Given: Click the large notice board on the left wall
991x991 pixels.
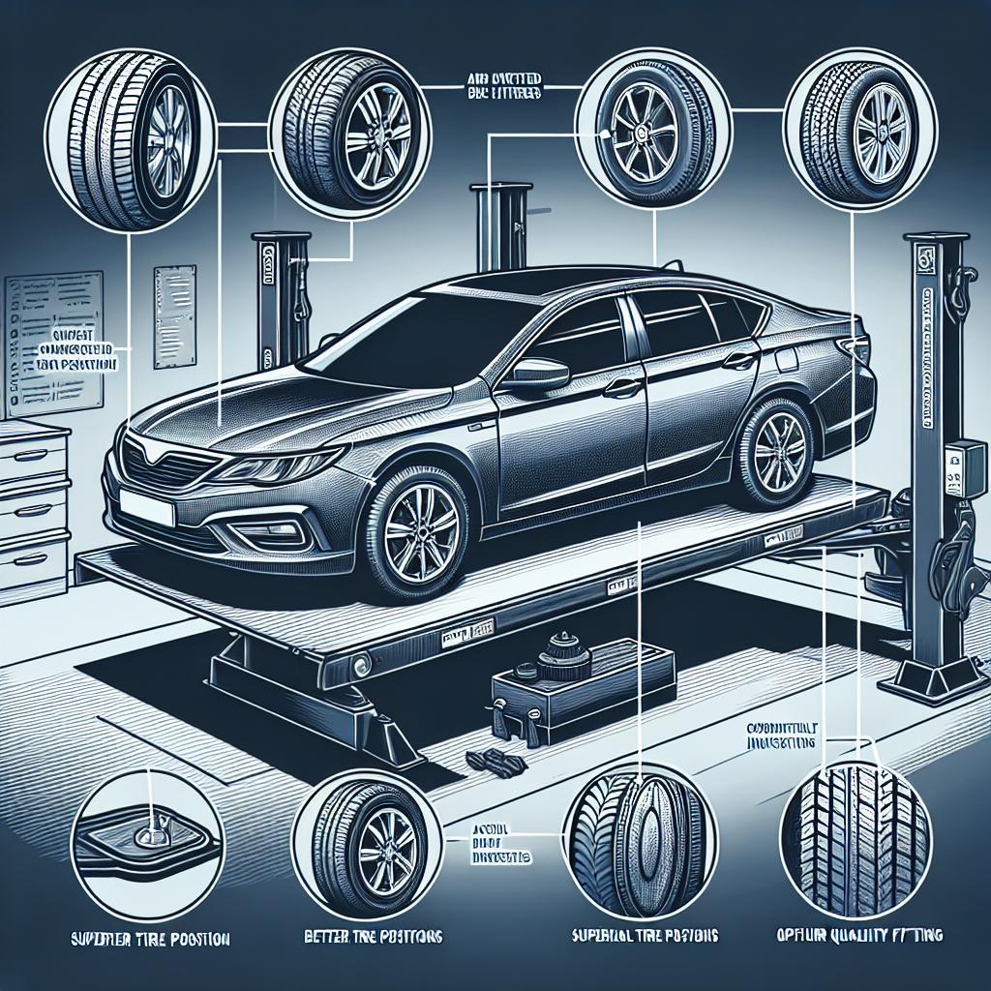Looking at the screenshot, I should pyautogui.click(x=53, y=339).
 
